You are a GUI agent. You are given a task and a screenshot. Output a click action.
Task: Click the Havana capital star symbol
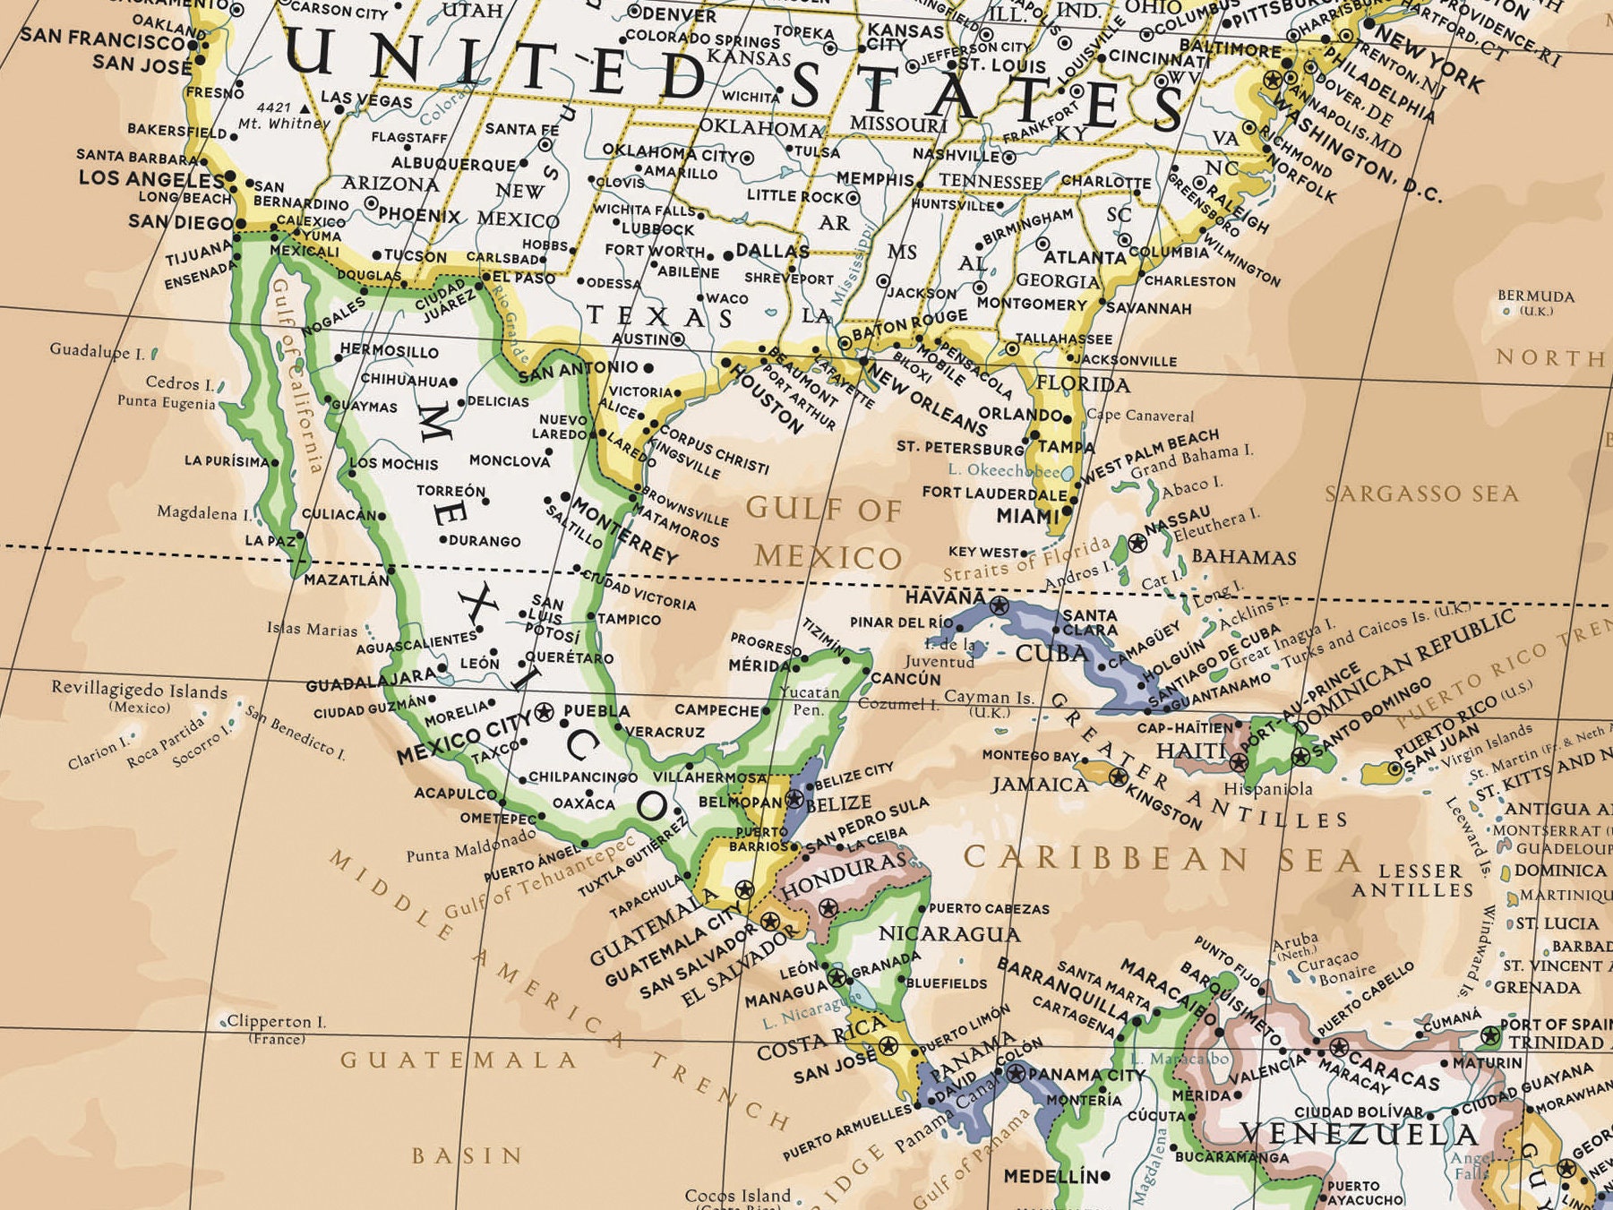point(999,606)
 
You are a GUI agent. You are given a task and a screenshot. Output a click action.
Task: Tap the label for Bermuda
point(1535,296)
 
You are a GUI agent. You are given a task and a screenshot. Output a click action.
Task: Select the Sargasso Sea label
point(1421,493)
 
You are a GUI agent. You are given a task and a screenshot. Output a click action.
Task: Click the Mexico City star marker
point(544,713)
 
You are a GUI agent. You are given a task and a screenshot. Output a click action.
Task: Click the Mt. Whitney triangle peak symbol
point(305,108)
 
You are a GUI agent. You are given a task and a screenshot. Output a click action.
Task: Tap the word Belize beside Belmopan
point(838,803)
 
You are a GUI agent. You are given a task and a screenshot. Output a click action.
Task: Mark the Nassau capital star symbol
point(1137,542)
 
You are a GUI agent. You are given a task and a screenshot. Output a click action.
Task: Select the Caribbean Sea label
point(1161,860)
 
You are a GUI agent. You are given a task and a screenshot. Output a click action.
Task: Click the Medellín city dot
point(1105,1176)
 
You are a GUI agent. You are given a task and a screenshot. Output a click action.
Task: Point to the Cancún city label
point(905,679)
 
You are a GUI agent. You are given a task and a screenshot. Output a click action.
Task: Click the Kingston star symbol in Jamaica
point(1118,777)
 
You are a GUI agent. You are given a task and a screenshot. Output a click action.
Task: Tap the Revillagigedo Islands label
point(139,691)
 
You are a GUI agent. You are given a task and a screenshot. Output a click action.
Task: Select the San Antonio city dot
point(648,367)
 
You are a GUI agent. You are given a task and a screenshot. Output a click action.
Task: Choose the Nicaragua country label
point(948,934)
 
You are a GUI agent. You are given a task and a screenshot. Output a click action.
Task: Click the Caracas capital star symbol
point(1338,1047)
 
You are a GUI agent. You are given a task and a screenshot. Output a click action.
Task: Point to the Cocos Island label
point(737,1196)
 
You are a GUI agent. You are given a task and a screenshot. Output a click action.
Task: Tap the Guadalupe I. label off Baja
point(97,351)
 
